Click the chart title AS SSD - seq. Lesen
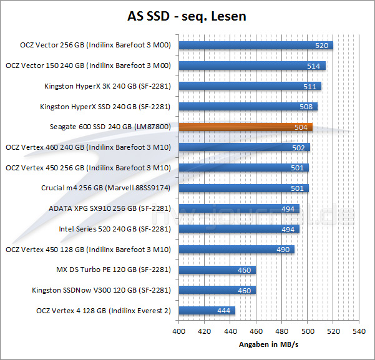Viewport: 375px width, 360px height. [x=187, y=16]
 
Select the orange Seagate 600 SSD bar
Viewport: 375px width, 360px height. [x=246, y=127]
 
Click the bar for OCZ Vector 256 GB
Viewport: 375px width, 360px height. [x=256, y=45]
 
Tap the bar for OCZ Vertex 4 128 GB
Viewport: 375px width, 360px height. [x=207, y=311]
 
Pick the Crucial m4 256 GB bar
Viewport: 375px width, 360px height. [x=244, y=188]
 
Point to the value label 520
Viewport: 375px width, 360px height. [x=322, y=46]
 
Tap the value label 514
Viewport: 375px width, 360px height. [x=314, y=66]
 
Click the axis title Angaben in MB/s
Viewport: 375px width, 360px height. [x=268, y=344]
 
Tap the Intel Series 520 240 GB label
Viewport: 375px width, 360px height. [x=115, y=229]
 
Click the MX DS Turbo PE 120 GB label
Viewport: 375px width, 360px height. [x=114, y=270]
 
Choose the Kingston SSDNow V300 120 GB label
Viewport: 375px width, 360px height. [x=102, y=290]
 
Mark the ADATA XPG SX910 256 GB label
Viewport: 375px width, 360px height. [x=110, y=208]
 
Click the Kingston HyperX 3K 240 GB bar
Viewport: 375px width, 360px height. [x=250, y=86]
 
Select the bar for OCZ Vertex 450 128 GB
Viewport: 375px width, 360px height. [x=236, y=250]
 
